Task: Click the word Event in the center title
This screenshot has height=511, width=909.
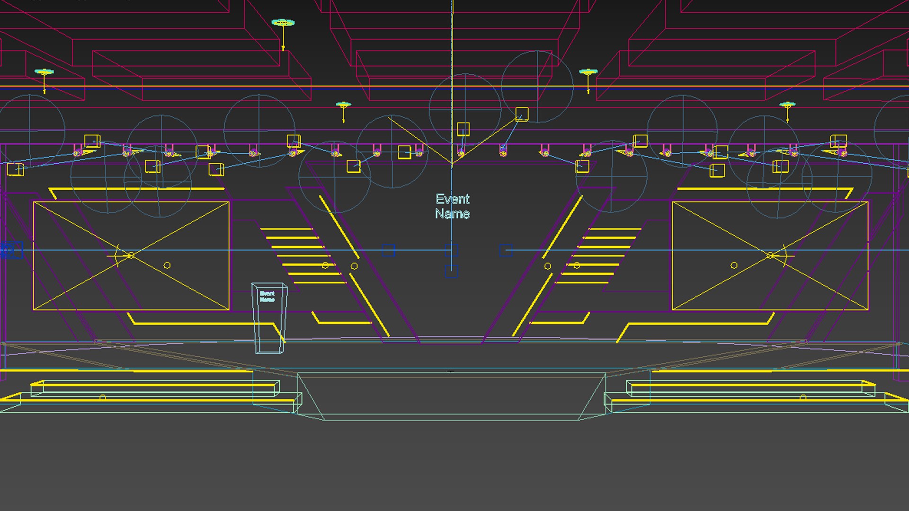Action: [453, 199]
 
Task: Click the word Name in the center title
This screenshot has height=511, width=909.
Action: [453, 214]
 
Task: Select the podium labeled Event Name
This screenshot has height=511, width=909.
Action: [269, 318]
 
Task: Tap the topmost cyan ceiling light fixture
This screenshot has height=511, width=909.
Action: [283, 23]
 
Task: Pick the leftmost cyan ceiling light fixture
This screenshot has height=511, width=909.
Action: [44, 72]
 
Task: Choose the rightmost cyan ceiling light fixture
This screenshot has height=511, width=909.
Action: [787, 105]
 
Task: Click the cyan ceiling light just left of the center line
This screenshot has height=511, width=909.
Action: [343, 105]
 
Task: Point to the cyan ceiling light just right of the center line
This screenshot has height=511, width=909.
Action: [588, 72]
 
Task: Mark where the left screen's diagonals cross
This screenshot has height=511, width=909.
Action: [131, 255]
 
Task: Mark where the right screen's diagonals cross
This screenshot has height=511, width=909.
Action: [770, 255]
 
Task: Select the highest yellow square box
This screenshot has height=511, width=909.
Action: [522, 114]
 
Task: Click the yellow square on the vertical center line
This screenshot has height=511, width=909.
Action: [463, 129]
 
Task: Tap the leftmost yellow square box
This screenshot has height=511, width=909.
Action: [15, 169]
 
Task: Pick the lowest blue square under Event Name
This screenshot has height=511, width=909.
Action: [451, 272]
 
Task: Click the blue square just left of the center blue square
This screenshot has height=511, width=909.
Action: [388, 250]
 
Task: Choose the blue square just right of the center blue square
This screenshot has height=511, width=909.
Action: [506, 250]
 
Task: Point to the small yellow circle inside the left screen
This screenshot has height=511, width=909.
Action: [167, 265]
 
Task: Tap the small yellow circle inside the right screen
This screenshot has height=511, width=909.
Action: [734, 265]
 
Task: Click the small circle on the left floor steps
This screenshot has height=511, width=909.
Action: [103, 397]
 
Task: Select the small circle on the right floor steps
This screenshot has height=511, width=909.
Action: [803, 397]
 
